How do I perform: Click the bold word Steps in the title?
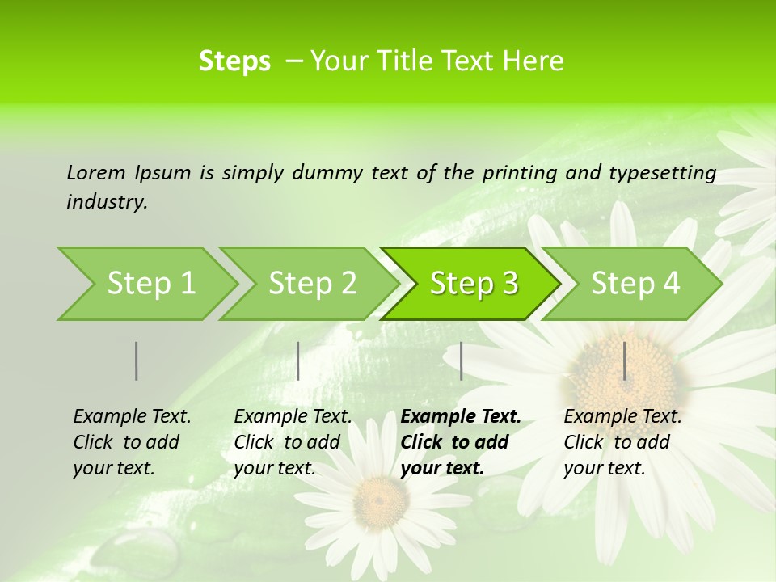[234, 61]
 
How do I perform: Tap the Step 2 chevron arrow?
[311, 284]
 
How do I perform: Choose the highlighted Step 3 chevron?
[473, 284]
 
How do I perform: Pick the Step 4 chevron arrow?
[635, 284]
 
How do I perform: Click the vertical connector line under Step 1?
[136, 361]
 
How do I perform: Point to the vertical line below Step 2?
[298, 361]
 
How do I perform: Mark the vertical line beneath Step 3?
[461, 361]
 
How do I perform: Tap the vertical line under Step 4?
[624, 361]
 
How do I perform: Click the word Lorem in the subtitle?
[96, 172]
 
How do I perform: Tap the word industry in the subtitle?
[107, 202]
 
